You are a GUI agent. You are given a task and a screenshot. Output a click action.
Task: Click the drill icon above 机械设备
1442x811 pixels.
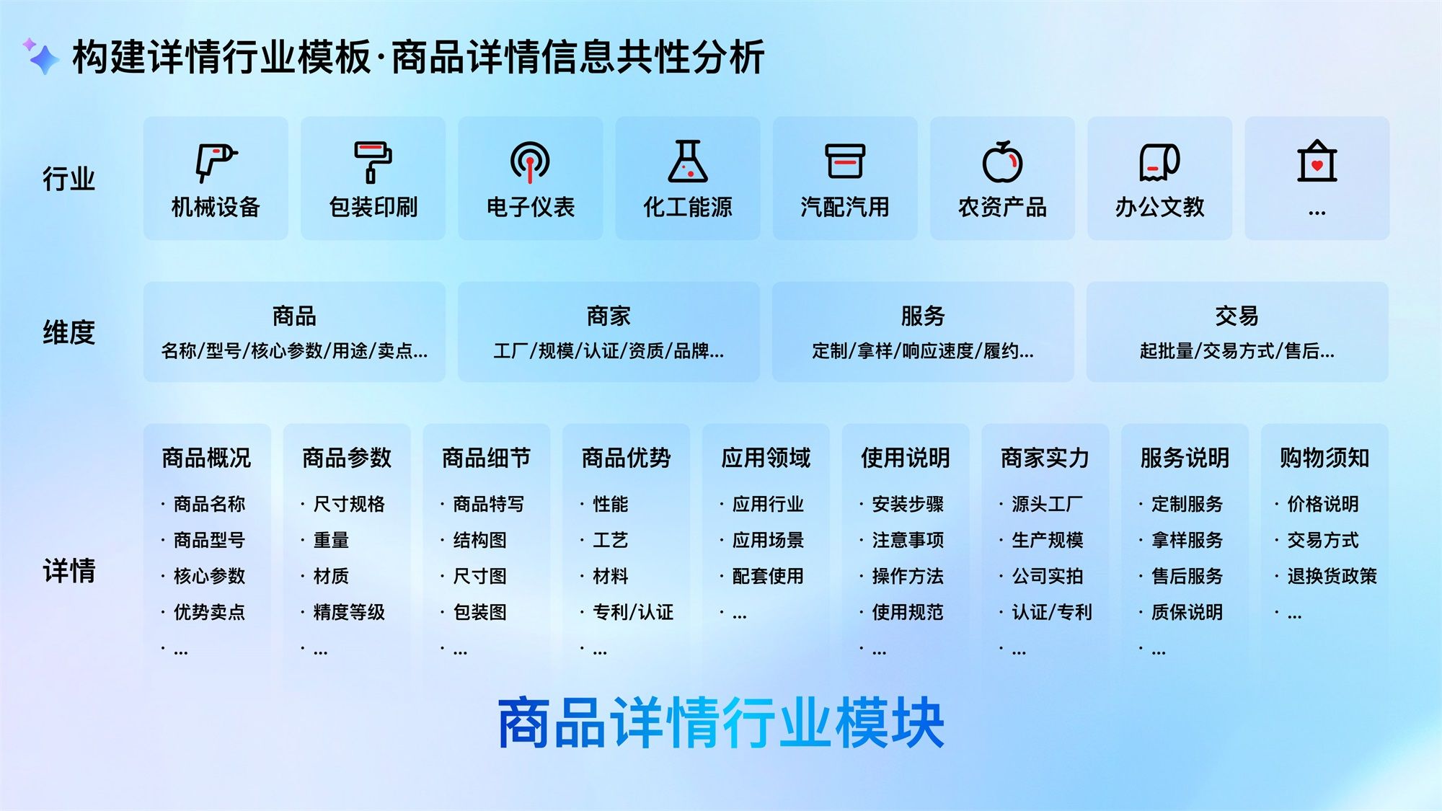(x=216, y=162)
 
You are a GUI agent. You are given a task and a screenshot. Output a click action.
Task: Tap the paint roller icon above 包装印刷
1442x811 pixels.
(x=373, y=162)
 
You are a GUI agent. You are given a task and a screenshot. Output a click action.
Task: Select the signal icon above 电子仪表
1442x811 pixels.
(x=530, y=162)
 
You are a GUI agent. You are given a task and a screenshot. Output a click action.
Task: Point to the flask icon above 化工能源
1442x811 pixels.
(x=688, y=161)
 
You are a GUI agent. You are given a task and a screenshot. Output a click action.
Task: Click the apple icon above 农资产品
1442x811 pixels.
(x=1002, y=161)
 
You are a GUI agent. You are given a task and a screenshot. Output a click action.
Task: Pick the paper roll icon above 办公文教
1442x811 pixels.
(x=1159, y=162)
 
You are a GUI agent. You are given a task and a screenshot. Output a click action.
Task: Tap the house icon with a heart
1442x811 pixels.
(x=1317, y=161)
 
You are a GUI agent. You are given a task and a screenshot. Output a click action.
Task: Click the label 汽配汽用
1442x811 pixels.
(x=845, y=208)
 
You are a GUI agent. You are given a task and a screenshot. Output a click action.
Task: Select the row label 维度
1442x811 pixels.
(x=68, y=332)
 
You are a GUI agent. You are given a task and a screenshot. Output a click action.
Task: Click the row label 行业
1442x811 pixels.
(x=68, y=178)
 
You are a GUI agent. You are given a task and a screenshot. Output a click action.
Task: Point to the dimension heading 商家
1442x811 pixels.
(x=609, y=316)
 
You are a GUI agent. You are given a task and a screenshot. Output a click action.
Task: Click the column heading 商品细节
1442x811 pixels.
(x=487, y=458)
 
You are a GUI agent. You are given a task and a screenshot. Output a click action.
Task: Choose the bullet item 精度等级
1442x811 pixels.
(x=349, y=612)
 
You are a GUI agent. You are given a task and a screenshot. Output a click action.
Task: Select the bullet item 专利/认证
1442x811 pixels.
(x=633, y=612)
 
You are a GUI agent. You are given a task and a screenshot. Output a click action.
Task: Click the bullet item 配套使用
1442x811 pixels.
(x=768, y=576)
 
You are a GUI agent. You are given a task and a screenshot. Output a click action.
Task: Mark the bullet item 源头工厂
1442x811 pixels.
(x=1048, y=504)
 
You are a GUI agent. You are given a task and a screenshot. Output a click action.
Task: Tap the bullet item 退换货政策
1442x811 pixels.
(x=1332, y=576)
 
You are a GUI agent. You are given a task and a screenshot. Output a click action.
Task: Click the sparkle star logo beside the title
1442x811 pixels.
(x=41, y=56)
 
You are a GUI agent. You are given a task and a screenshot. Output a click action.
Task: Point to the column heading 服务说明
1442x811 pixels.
(x=1185, y=458)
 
